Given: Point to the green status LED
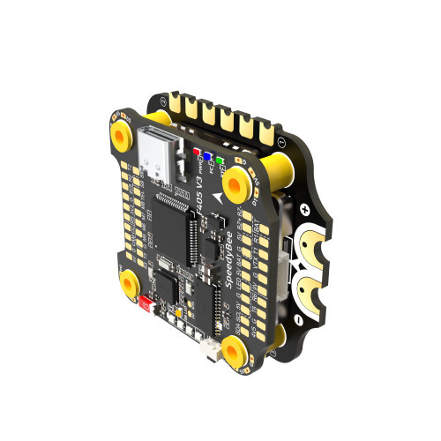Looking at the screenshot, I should tap(219, 162).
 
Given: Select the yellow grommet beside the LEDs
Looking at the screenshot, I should tap(235, 183).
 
